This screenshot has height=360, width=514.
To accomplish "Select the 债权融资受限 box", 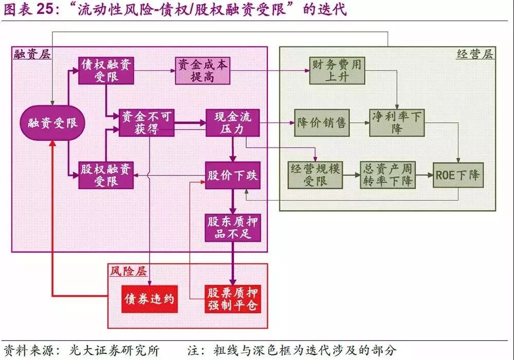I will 106,70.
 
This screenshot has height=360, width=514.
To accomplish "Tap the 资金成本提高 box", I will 202,70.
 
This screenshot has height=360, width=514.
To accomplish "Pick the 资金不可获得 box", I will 146,122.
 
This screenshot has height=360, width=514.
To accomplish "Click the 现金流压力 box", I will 232,122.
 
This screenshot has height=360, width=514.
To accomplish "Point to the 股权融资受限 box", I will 106,175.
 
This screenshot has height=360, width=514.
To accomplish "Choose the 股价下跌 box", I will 232,175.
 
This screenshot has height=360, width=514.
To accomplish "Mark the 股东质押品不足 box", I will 232,228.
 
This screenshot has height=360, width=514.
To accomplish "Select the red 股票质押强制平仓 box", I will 232,299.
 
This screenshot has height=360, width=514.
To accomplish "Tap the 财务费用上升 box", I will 337,70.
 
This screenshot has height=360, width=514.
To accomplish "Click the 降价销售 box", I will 321,122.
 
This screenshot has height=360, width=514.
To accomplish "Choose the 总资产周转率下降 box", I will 387,175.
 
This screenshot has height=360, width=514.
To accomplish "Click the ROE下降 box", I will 458,175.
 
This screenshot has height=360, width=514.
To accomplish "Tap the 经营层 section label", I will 474,54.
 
